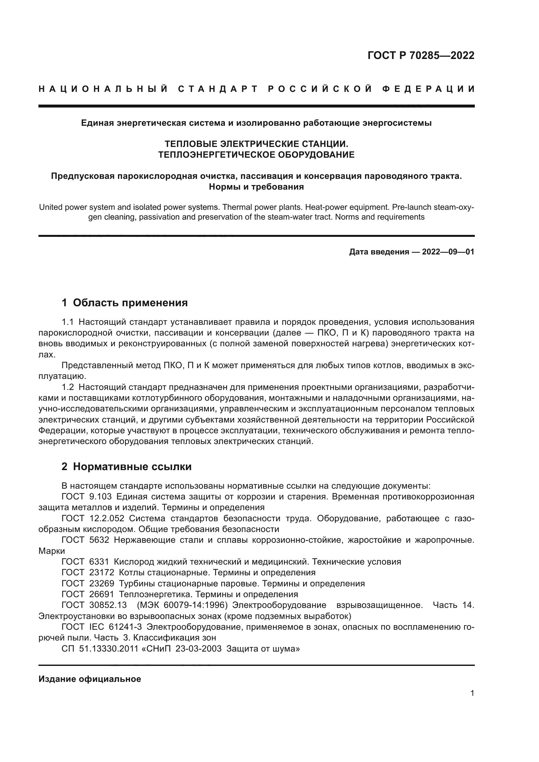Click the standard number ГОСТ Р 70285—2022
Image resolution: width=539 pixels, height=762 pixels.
tap(421, 55)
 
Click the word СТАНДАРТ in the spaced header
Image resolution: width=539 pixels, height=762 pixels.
tap(218, 89)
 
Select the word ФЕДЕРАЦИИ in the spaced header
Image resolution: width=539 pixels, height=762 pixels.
tap(428, 89)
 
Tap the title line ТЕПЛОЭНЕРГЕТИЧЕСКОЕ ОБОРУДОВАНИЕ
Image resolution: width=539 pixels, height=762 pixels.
tap(256, 155)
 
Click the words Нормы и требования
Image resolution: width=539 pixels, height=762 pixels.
tap(256, 187)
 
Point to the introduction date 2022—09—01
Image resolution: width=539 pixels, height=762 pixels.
tap(448, 252)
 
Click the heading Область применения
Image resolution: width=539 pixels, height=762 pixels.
tap(130, 303)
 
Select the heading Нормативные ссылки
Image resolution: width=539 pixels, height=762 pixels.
tap(132, 467)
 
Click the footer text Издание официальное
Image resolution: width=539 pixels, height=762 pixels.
tap(90, 679)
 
